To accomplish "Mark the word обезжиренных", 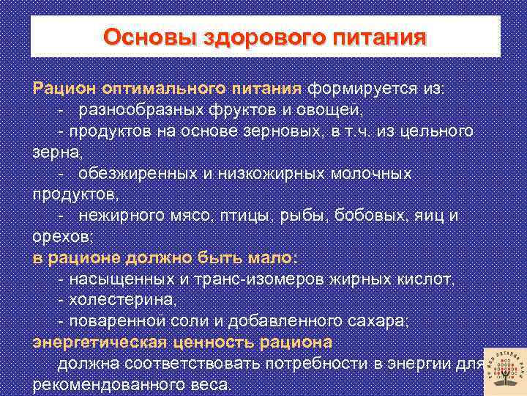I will (138, 174).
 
